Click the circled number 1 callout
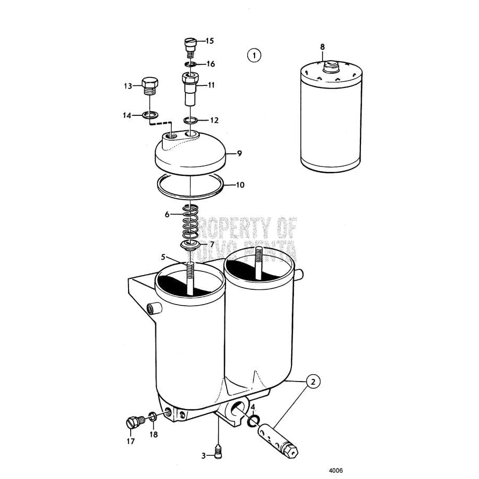pyautogui.click(x=254, y=55)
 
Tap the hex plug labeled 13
pyautogui.click(x=150, y=85)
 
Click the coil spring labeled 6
pyautogui.click(x=190, y=221)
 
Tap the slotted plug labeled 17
pyautogui.click(x=133, y=421)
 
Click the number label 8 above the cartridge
pyautogui.click(x=322, y=47)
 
